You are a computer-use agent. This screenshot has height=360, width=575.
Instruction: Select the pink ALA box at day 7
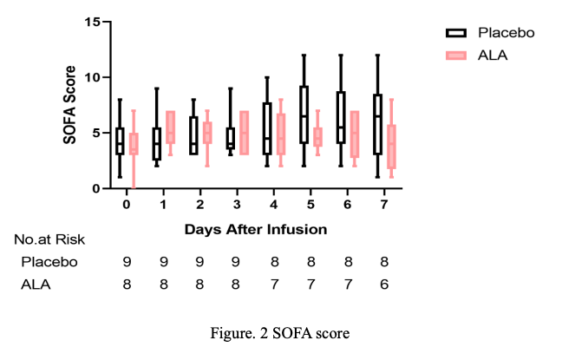point(392,147)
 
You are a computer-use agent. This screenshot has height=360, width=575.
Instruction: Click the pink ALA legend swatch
point(456,56)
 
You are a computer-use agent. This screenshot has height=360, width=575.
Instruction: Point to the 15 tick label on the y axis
point(92,22)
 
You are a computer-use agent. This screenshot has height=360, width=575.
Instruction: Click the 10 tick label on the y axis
point(92,77)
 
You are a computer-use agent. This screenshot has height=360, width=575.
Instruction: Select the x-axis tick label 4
point(273,205)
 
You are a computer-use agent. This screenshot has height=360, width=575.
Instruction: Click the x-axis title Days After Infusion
point(256,229)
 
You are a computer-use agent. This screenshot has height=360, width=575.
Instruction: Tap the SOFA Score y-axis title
point(69,105)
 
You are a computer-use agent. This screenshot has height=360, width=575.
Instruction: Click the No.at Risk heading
point(49,239)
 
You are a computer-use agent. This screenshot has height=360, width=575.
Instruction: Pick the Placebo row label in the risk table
point(49,262)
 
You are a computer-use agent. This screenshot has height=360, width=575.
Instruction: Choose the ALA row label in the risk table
point(36,285)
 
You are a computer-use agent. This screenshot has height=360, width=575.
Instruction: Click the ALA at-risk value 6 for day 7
point(384,285)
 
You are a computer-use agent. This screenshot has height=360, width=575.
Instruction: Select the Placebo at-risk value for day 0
point(127,262)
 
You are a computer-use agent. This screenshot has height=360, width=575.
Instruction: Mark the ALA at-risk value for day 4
point(274,285)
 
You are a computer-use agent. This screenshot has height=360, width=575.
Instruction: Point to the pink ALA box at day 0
point(134,144)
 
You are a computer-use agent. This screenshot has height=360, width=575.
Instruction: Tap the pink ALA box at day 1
point(171,127)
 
